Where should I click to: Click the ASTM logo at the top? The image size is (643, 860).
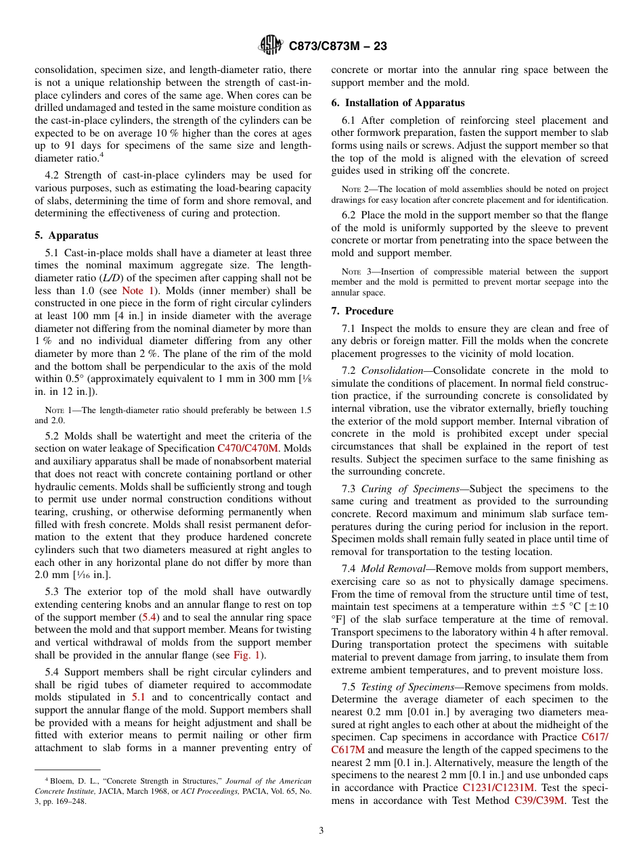click(271, 46)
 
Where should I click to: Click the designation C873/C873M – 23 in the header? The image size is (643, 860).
click(337, 47)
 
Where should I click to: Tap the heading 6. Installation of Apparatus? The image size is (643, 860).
click(398, 103)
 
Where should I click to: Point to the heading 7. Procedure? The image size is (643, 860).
click(369, 311)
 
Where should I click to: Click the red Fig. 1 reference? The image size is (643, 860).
click(246, 656)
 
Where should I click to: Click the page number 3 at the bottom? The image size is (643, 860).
click(321, 831)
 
